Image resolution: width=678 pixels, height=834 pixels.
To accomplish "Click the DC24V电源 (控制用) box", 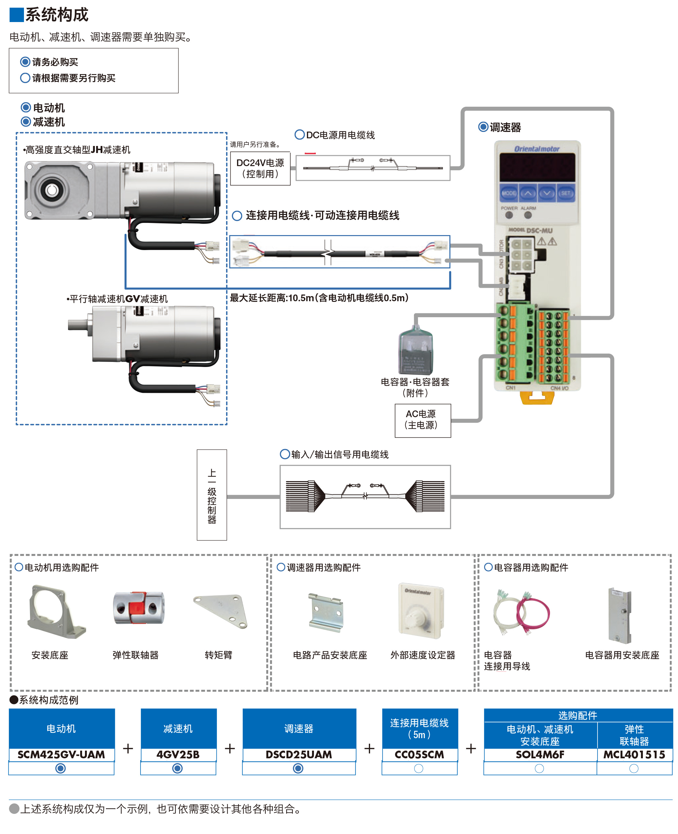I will [260, 168].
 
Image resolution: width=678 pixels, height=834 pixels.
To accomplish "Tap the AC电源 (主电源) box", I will [423, 420].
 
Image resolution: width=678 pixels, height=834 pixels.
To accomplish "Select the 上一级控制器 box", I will [212, 495].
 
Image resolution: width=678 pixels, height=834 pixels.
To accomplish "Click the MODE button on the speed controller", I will [508, 193].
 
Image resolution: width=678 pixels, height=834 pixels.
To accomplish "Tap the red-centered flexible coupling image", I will [139, 608].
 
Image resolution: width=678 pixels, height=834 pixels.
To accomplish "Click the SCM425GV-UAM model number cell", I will [61, 755].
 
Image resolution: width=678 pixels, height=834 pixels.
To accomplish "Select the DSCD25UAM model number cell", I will [299, 755].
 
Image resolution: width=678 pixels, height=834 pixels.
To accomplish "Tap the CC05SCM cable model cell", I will [419, 755].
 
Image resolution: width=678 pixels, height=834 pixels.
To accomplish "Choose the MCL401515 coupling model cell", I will [634, 755].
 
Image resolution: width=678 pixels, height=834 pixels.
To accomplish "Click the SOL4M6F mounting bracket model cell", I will [540, 755].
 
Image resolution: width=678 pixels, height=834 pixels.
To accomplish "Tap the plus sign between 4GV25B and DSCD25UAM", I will [230, 748].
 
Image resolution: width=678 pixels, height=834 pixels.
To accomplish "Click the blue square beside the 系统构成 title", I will [16, 14].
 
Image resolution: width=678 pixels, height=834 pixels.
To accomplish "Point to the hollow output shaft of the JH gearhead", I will [51, 190].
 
